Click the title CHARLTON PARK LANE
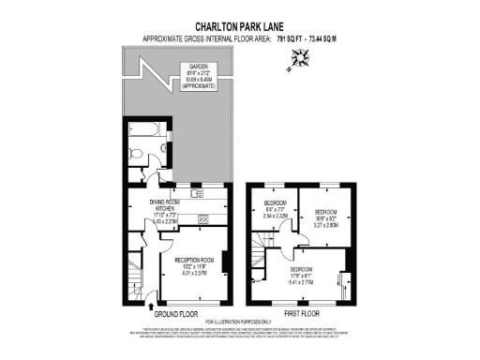click(239, 27)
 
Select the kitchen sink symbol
click(197, 194)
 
